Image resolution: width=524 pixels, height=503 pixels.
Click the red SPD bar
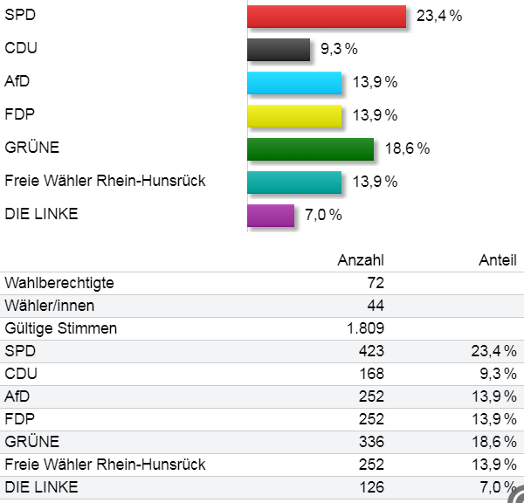point(327,17)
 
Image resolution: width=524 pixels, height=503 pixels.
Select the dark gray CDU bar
point(279,50)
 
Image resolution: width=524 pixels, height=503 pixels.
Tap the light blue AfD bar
point(294,83)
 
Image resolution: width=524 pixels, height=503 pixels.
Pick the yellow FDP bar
point(294,115)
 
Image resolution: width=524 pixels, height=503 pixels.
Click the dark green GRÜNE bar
point(310,148)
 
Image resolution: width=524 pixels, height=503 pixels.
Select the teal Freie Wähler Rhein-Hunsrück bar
point(294,182)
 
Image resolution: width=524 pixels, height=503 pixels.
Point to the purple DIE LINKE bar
point(271,215)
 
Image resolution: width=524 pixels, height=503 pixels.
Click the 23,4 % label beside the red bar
point(439,17)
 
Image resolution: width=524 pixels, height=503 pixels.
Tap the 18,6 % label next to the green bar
point(407,148)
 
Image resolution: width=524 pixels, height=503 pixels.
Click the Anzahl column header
point(361,260)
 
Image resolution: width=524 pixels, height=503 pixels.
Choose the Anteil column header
point(497,260)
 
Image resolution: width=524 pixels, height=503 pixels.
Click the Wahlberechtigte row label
point(59,283)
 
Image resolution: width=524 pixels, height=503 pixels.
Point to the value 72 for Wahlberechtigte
point(376,283)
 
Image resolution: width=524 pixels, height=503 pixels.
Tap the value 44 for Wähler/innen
point(376,306)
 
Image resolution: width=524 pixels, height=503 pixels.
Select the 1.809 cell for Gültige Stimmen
point(366,328)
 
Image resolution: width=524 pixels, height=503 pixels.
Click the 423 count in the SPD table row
point(371,351)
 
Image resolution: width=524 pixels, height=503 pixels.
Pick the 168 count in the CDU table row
point(371,374)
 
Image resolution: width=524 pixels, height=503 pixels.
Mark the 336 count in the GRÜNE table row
point(371,442)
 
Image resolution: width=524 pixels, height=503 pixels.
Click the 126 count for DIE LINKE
point(371,487)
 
